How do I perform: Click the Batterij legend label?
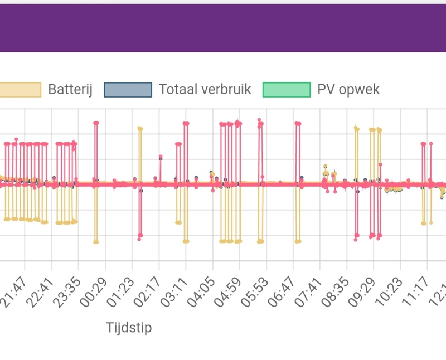pos(70,89)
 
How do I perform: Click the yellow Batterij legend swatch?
pos(20,90)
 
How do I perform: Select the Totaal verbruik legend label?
pos(205,89)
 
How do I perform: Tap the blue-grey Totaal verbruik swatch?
pos(128,90)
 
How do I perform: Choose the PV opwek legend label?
pos(348,89)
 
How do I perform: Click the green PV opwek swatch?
pos(286,90)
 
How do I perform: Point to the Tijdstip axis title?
pos(129,328)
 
